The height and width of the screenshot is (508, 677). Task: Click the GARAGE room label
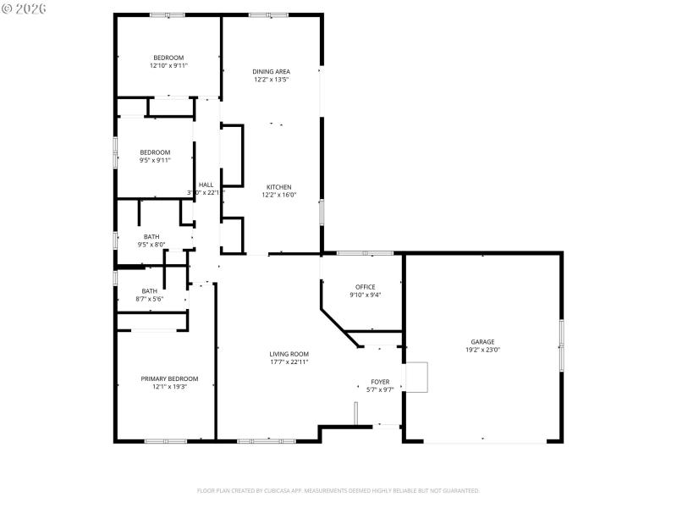482,342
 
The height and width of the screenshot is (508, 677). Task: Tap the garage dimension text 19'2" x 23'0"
482,350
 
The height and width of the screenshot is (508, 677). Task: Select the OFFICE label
365,287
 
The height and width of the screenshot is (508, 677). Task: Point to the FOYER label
380,382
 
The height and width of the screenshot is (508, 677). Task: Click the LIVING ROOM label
289,354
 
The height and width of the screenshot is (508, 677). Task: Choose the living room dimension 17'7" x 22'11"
289,362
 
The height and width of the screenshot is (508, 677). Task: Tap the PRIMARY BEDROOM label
169,378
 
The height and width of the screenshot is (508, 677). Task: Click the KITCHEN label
279,187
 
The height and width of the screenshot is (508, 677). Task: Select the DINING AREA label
272,71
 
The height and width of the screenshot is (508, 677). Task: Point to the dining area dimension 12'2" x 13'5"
272,80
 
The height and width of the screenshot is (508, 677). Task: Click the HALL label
206,185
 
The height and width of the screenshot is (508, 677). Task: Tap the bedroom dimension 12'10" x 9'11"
168,65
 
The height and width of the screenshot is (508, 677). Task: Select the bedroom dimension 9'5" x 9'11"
155,160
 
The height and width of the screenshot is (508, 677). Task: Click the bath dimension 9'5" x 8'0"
151,245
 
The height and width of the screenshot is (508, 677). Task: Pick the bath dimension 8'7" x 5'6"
149,299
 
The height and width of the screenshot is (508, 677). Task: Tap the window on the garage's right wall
561,345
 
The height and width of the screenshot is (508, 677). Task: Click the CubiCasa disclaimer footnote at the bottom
338,490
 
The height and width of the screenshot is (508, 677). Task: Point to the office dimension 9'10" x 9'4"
365,295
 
